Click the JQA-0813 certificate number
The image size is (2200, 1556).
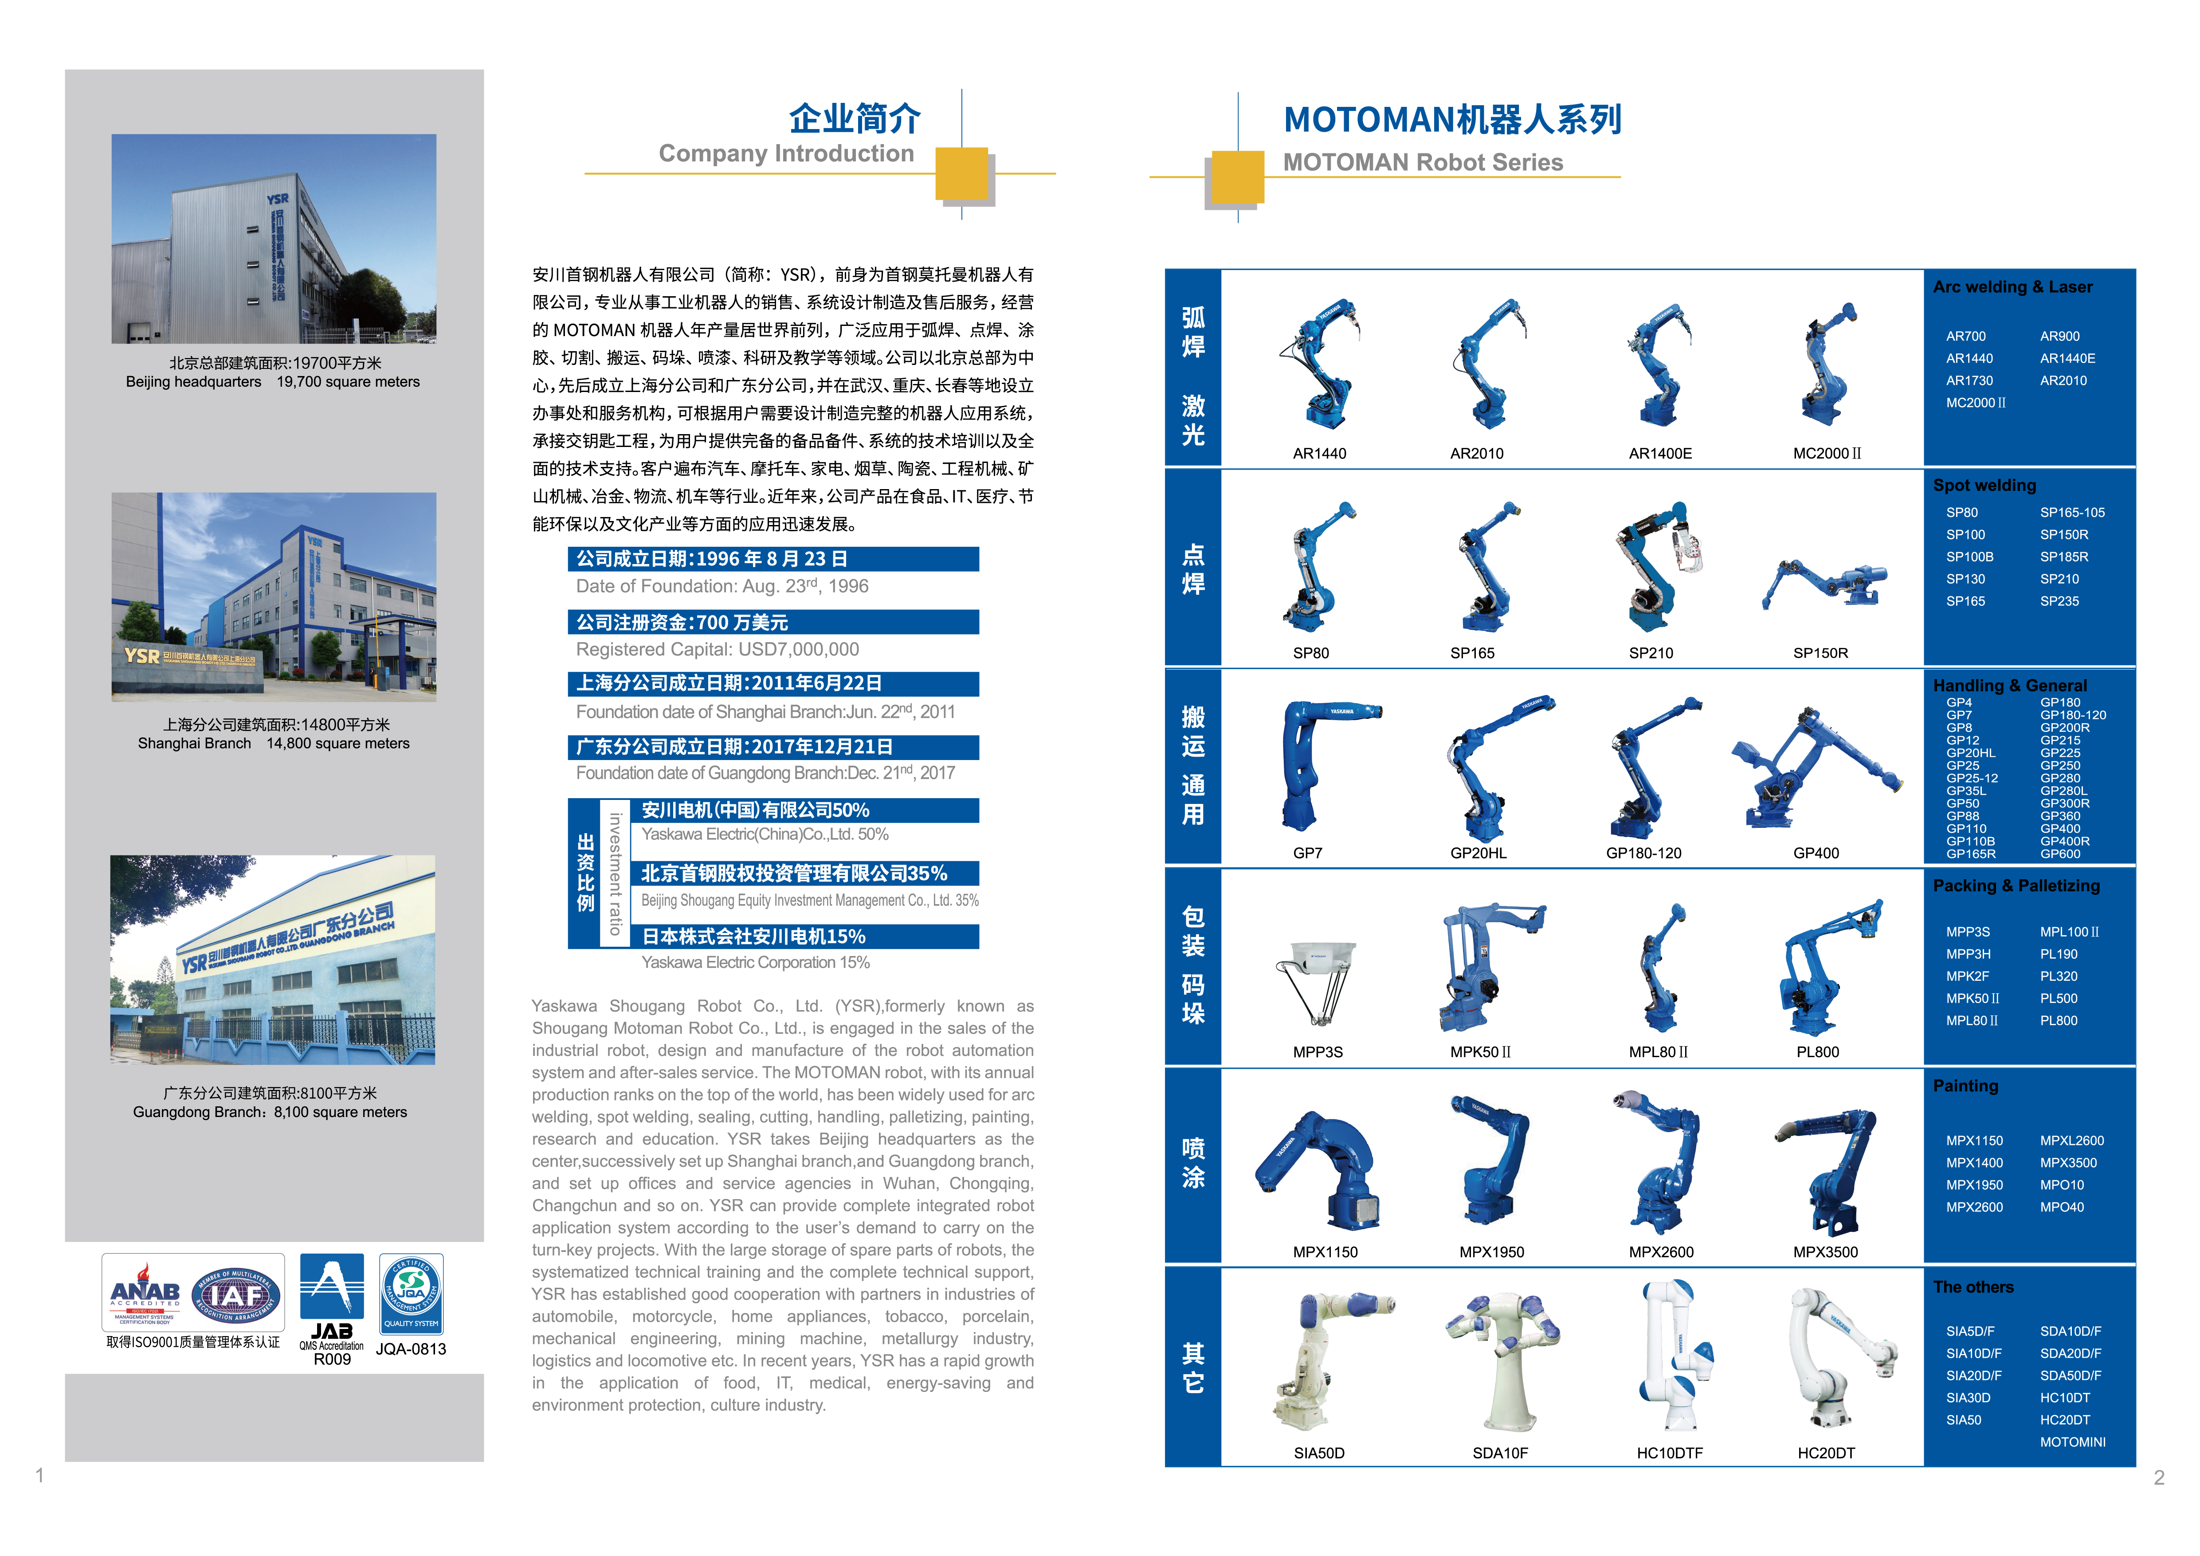point(411,1349)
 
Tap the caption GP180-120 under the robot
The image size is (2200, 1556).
point(1643,853)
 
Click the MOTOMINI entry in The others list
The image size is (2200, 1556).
point(2073,1442)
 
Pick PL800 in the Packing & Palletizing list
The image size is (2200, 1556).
point(2058,1020)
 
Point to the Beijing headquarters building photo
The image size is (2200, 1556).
point(274,239)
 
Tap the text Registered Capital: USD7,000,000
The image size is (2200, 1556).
point(717,650)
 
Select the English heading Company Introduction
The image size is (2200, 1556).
point(786,154)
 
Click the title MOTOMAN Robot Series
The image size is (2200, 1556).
point(1423,163)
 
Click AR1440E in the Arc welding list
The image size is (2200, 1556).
point(2067,358)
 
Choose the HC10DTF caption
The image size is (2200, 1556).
point(1669,1453)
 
